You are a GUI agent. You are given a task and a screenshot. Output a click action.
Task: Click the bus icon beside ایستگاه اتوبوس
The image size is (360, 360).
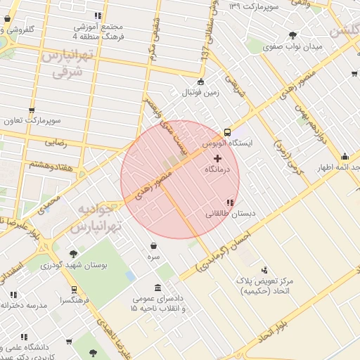click(x=227, y=131)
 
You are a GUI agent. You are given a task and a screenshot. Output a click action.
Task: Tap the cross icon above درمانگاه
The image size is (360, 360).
click(x=217, y=159)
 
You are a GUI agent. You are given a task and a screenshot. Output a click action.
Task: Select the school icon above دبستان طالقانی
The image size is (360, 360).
click(x=230, y=202)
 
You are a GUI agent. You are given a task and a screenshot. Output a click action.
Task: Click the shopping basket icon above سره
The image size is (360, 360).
click(x=154, y=245)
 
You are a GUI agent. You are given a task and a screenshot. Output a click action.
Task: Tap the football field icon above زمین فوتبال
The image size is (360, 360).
click(x=201, y=81)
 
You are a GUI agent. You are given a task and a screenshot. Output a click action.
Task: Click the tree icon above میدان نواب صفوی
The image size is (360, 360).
click(x=292, y=35)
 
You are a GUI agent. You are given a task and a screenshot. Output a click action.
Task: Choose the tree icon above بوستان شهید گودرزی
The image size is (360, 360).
click(x=74, y=254)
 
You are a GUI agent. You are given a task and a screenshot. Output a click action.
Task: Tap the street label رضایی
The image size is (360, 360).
click(x=56, y=142)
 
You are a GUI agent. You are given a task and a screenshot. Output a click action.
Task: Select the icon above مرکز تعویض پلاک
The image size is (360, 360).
click(x=264, y=269)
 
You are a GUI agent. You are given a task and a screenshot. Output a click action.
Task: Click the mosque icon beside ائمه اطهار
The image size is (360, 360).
click(x=344, y=156)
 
